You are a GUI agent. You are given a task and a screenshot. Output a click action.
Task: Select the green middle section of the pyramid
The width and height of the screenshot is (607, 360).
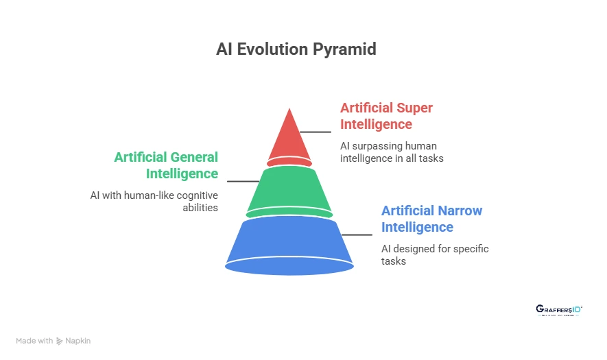[289, 191]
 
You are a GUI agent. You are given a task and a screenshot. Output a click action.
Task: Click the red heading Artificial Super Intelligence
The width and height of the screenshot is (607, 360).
[386, 116]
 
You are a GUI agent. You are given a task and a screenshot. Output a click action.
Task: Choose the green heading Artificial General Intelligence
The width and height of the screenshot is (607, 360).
[166, 165]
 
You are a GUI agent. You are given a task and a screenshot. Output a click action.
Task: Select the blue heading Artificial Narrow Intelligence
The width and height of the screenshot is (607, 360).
[431, 219]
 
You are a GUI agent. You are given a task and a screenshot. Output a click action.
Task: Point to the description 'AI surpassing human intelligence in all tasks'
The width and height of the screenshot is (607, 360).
[391, 152]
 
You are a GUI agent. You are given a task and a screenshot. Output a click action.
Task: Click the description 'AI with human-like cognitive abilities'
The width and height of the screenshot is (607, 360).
[154, 201]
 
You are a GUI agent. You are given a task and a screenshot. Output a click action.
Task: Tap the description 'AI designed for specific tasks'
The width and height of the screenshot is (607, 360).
[434, 254]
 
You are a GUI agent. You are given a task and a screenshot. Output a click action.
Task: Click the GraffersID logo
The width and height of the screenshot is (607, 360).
[559, 310]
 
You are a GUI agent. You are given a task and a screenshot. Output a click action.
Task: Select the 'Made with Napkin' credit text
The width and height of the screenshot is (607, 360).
[53, 341]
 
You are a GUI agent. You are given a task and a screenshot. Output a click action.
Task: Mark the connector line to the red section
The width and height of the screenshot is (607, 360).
[315, 132]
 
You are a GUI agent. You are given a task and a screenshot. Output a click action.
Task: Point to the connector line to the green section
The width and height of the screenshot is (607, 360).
[243, 181]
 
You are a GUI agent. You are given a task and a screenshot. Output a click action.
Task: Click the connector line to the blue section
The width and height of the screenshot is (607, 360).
[357, 235]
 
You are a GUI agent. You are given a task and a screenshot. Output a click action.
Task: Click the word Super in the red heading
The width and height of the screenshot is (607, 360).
[414, 108]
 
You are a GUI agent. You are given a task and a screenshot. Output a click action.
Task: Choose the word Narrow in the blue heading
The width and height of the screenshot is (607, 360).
[459, 211]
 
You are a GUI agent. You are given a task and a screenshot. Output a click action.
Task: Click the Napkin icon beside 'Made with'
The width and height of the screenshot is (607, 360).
[60, 341]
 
